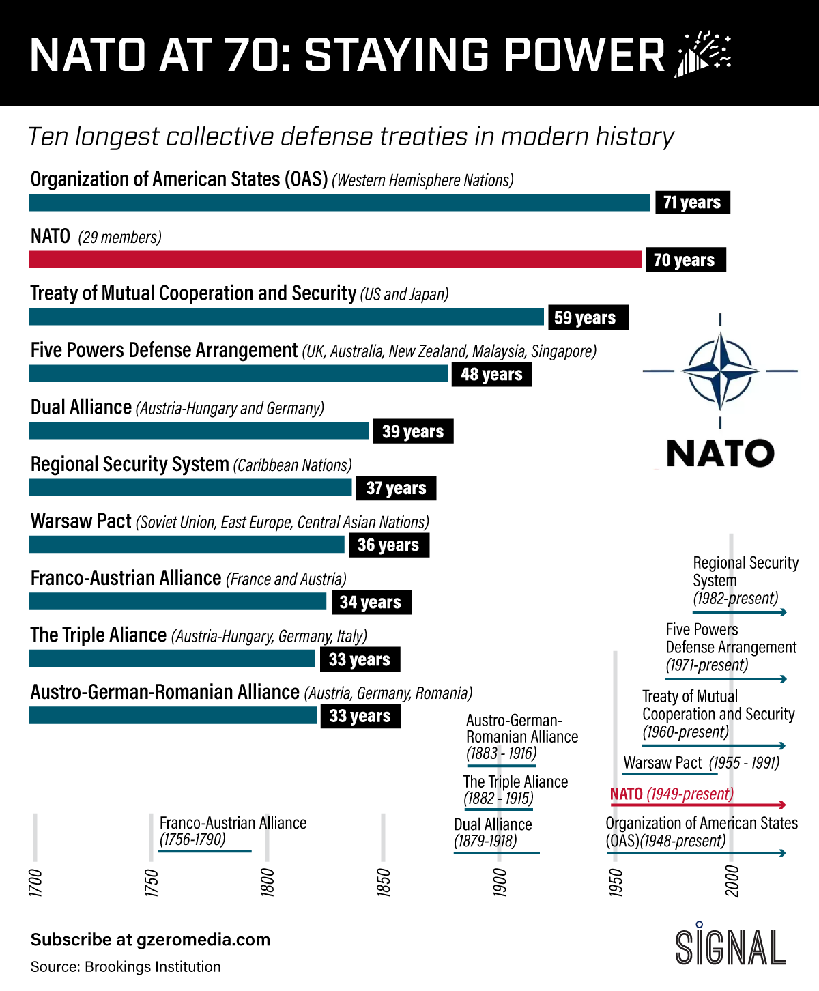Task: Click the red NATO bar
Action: [335, 259]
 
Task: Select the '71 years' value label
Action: [692, 203]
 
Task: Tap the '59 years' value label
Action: [585, 317]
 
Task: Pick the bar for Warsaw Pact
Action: [186, 544]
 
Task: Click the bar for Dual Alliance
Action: [199, 431]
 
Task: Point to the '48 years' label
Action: [491, 374]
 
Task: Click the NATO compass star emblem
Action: [720, 371]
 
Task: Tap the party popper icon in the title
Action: [703, 54]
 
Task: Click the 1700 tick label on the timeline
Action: [35, 882]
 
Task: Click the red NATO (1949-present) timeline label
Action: [672, 794]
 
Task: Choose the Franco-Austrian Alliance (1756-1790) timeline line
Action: [205, 851]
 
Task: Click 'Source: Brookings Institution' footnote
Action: [126, 966]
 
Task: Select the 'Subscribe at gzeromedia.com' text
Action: [150, 940]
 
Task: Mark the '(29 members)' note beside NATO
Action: [120, 238]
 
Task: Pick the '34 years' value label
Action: [371, 602]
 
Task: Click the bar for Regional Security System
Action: [190, 487]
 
